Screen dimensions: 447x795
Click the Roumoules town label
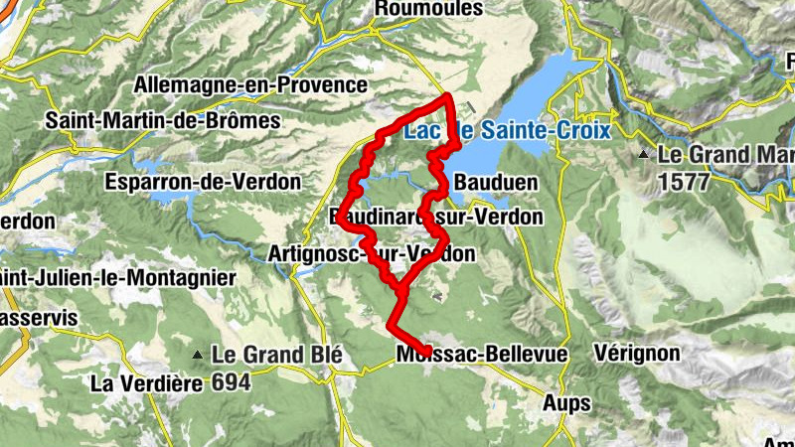point(428,8)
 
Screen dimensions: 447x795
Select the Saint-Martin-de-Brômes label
point(164,120)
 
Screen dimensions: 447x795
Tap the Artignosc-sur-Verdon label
point(372,254)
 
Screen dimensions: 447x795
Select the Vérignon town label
point(636,353)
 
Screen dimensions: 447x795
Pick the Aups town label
point(566,403)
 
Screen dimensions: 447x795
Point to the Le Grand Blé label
point(277,354)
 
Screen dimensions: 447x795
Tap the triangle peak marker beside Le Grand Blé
point(201,355)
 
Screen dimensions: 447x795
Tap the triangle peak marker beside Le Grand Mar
point(644,155)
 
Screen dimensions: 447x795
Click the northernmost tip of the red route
point(449,96)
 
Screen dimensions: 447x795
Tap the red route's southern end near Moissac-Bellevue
point(427,347)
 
